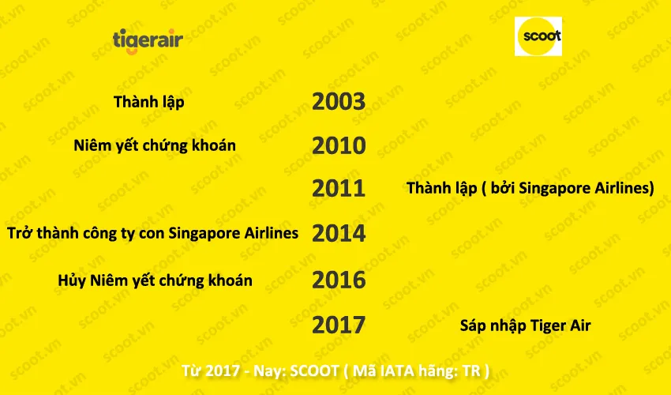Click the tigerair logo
point(148,39)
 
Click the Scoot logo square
point(538,36)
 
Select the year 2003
point(339,102)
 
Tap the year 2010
point(339,146)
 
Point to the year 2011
point(339,189)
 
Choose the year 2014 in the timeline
point(339,234)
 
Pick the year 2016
point(339,280)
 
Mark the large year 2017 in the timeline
point(339,325)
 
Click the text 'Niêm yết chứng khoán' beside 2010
point(155,146)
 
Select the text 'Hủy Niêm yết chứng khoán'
point(156,280)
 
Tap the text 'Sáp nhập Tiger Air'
point(525,325)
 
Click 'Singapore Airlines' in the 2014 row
point(234,234)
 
